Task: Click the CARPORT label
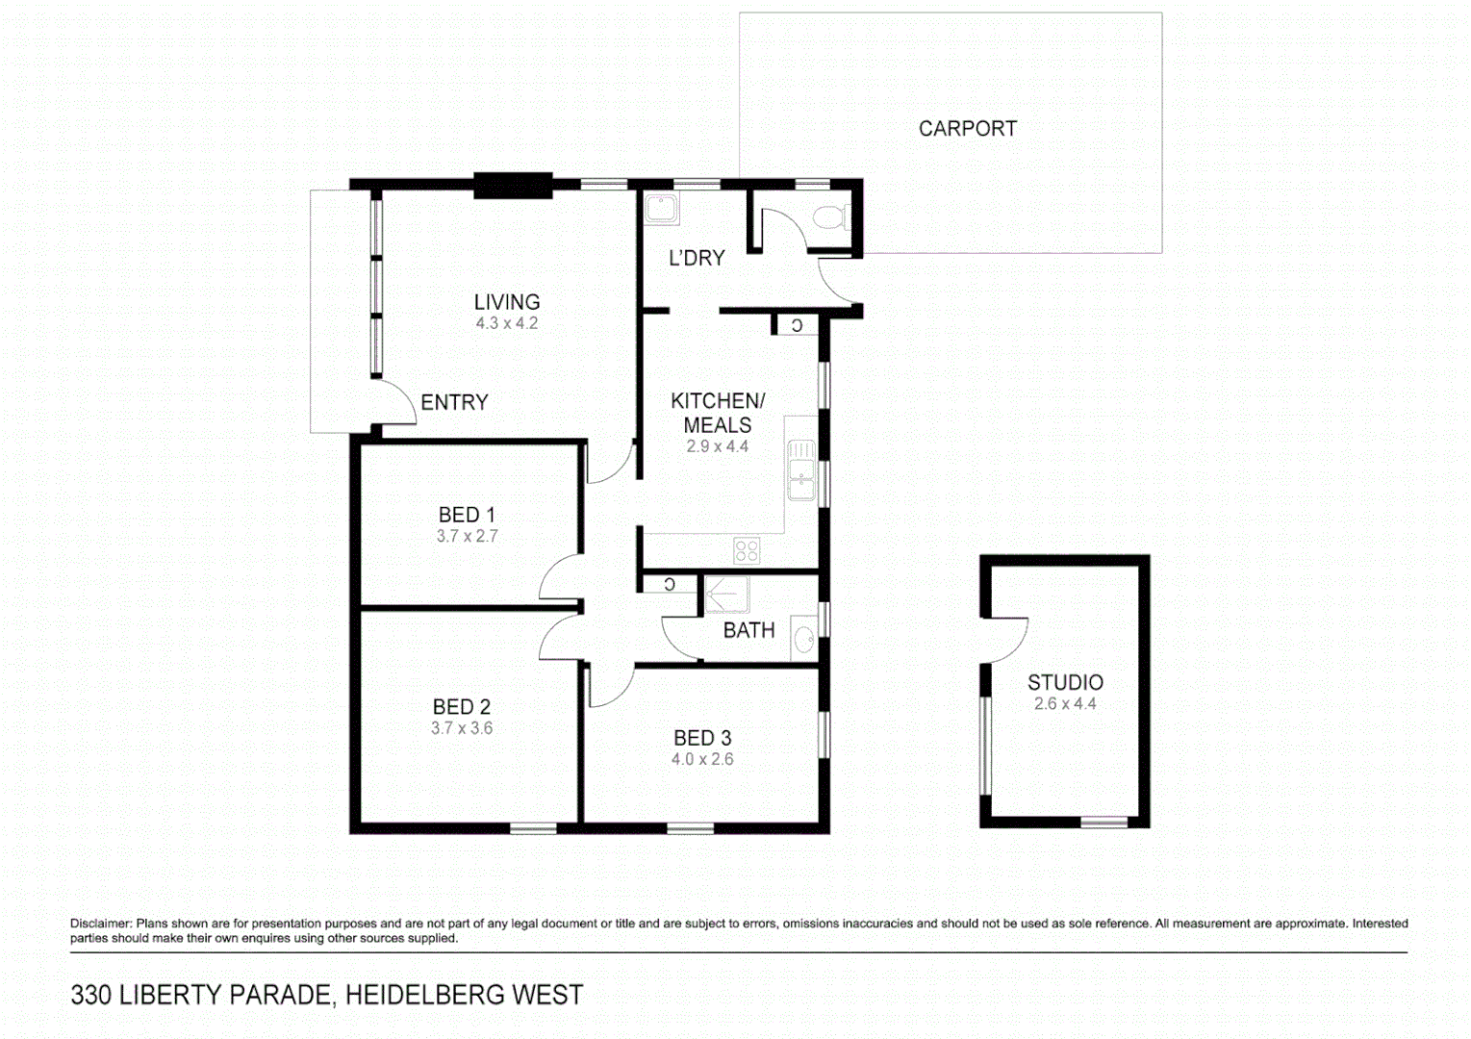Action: (967, 129)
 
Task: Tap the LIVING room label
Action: (506, 302)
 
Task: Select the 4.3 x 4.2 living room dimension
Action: (506, 324)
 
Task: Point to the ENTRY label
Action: (454, 403)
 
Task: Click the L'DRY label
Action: (697, 259)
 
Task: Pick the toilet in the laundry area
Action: (829, 216)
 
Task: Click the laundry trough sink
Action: (662, 209)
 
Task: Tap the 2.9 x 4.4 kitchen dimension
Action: (717, 447)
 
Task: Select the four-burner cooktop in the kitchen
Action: (747, 550)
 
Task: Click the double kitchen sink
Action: (801, 471)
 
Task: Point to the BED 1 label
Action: (467, 516)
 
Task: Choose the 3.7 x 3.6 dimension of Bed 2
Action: (462, 729)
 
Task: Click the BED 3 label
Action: (702, 739)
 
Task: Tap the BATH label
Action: (748, 631)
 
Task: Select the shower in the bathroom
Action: (726, 595)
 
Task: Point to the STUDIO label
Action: (1065, 683)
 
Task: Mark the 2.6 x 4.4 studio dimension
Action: (1065, 704)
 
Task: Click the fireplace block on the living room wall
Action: (513, 185)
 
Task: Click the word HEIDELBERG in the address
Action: (424, 995)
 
